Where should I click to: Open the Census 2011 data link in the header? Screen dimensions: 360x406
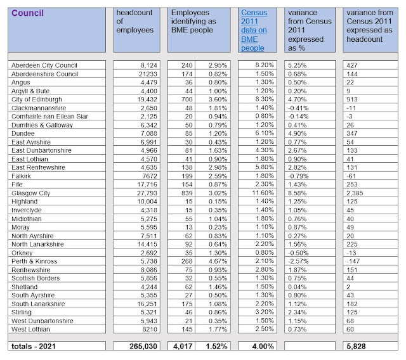click(x=254, y=30)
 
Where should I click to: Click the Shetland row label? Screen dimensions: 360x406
click(x=25, y=286)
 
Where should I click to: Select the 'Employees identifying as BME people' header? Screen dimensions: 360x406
click(x=196, y=22)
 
